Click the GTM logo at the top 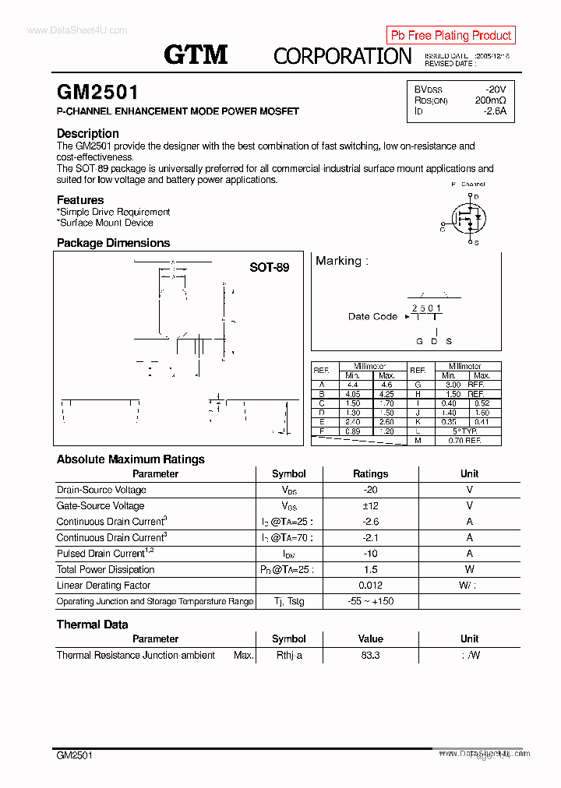[x=196, y=55]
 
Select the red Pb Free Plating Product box [x=450, y=35]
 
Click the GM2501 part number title [x=97, y=93]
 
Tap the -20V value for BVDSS [x=495, y=90]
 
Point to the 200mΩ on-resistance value [x=490, y=100]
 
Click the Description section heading [x=87, y=133]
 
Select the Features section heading [x=79, y=200]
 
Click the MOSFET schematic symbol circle [x=468, y=216]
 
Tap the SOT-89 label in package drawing [x=269, y=267]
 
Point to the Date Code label [x=372, y=316]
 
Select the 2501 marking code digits [x=426, y=308]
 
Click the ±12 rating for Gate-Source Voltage [x=370, y=505]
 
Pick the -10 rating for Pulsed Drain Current [x=370, y=554]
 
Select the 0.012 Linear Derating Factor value [x=370, y=586]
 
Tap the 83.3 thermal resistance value [x=370, y=656]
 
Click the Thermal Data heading [x=92, y=624]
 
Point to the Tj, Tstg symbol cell [x=288, y=601]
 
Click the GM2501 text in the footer [x=74, y=755]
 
